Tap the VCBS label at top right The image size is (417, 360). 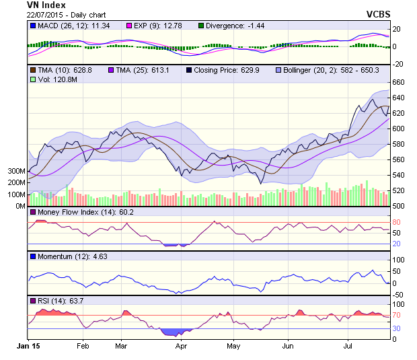coord(379,14)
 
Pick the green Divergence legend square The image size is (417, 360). coord(201,26)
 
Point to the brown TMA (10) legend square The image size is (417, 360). coord(32,70)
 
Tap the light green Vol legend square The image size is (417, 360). coord(32,79)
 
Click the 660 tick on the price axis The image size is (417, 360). coord(400,82)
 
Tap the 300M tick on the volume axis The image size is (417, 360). coord(16,171)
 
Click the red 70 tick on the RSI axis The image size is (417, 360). coord(397,315)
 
